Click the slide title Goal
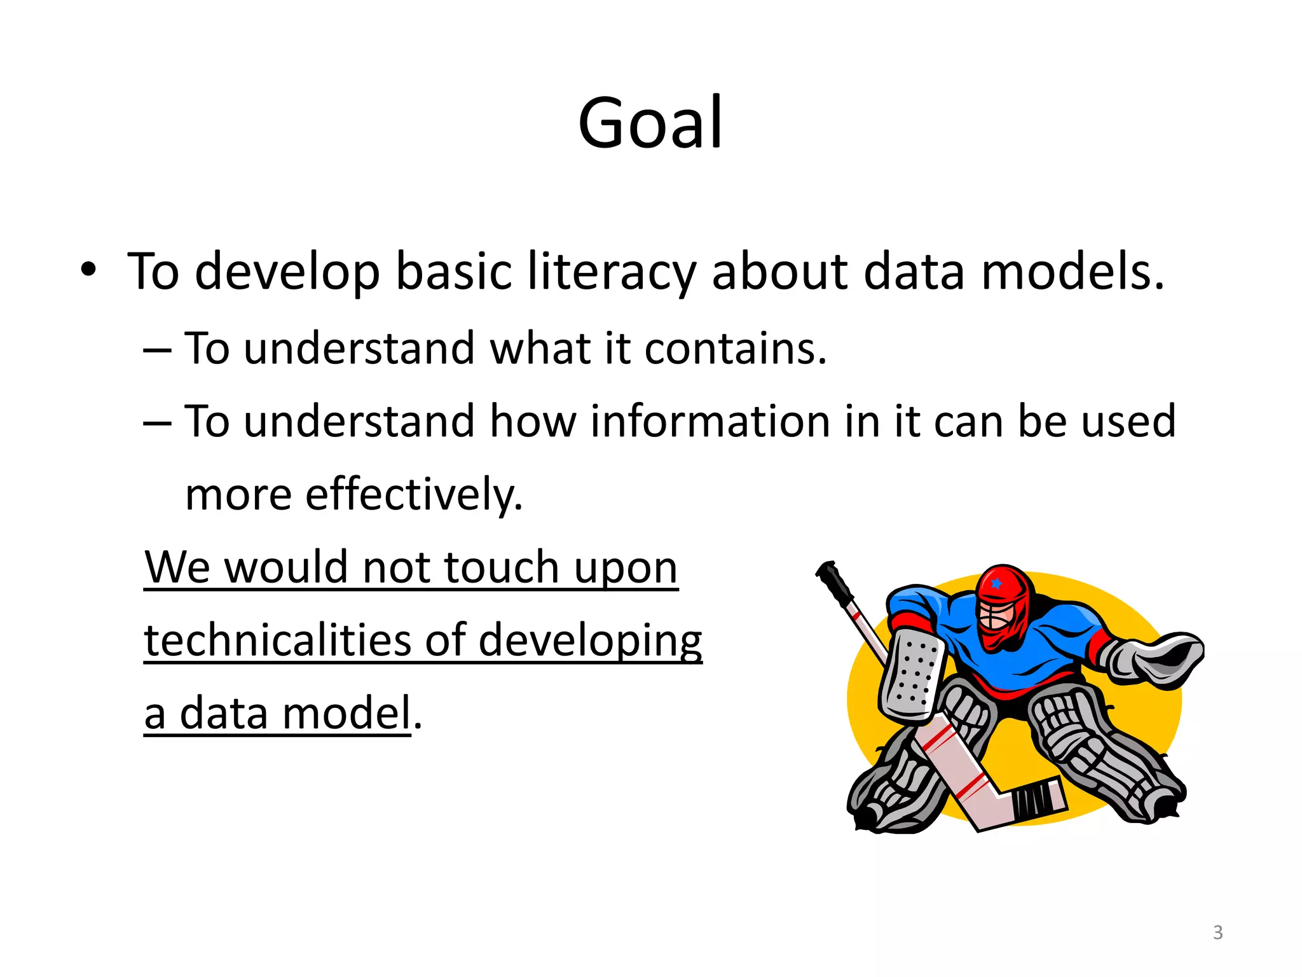click(x=650, y=123)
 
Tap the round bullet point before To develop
click(x=88, y=270)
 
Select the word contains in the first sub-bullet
click(x=735, y=349)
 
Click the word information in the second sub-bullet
click(x=709, y=422)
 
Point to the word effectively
click(x=413, y=495)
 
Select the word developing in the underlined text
click(x=590, y=641)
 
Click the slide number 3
click(x=1217, y=932)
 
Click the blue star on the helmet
click(x=996, y=583)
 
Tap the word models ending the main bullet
click(x=1072, y=272)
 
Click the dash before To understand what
click(x=157, y=350)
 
